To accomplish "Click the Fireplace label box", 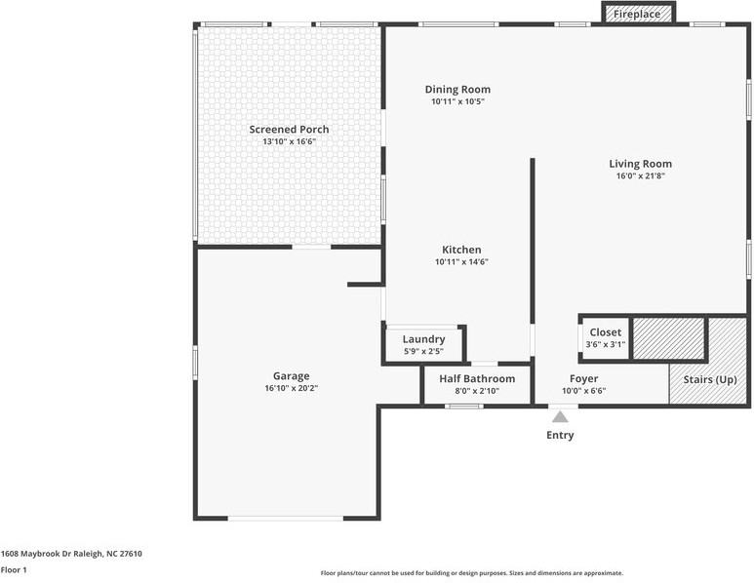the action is click(638, 14).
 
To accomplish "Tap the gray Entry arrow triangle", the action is click(560, 416).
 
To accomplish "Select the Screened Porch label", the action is click(289, 130).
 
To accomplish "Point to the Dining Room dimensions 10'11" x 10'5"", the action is click(457, 101).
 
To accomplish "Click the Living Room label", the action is click(641, 164).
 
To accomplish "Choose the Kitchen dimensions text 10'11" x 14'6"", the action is click(461, 262).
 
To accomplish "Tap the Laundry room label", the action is click(423, 339).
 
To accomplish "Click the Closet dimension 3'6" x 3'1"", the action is click(606, 344).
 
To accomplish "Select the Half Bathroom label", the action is click(477, 378).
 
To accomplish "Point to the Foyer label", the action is click(583, 378).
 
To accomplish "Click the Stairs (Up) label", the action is click(710, 379).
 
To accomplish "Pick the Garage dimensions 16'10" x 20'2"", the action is click(292, 388).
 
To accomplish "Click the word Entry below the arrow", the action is click(560, 435).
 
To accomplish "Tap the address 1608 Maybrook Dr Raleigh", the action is click(52, 553).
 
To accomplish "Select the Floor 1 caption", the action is click(14, 570).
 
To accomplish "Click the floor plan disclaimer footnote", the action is click(472, 573).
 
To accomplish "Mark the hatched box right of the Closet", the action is click(668, 338).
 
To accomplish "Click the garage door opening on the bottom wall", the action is click(286, 518).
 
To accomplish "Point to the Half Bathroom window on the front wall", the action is click(464, 407).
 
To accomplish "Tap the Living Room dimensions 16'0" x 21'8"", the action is click(641, 175).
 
